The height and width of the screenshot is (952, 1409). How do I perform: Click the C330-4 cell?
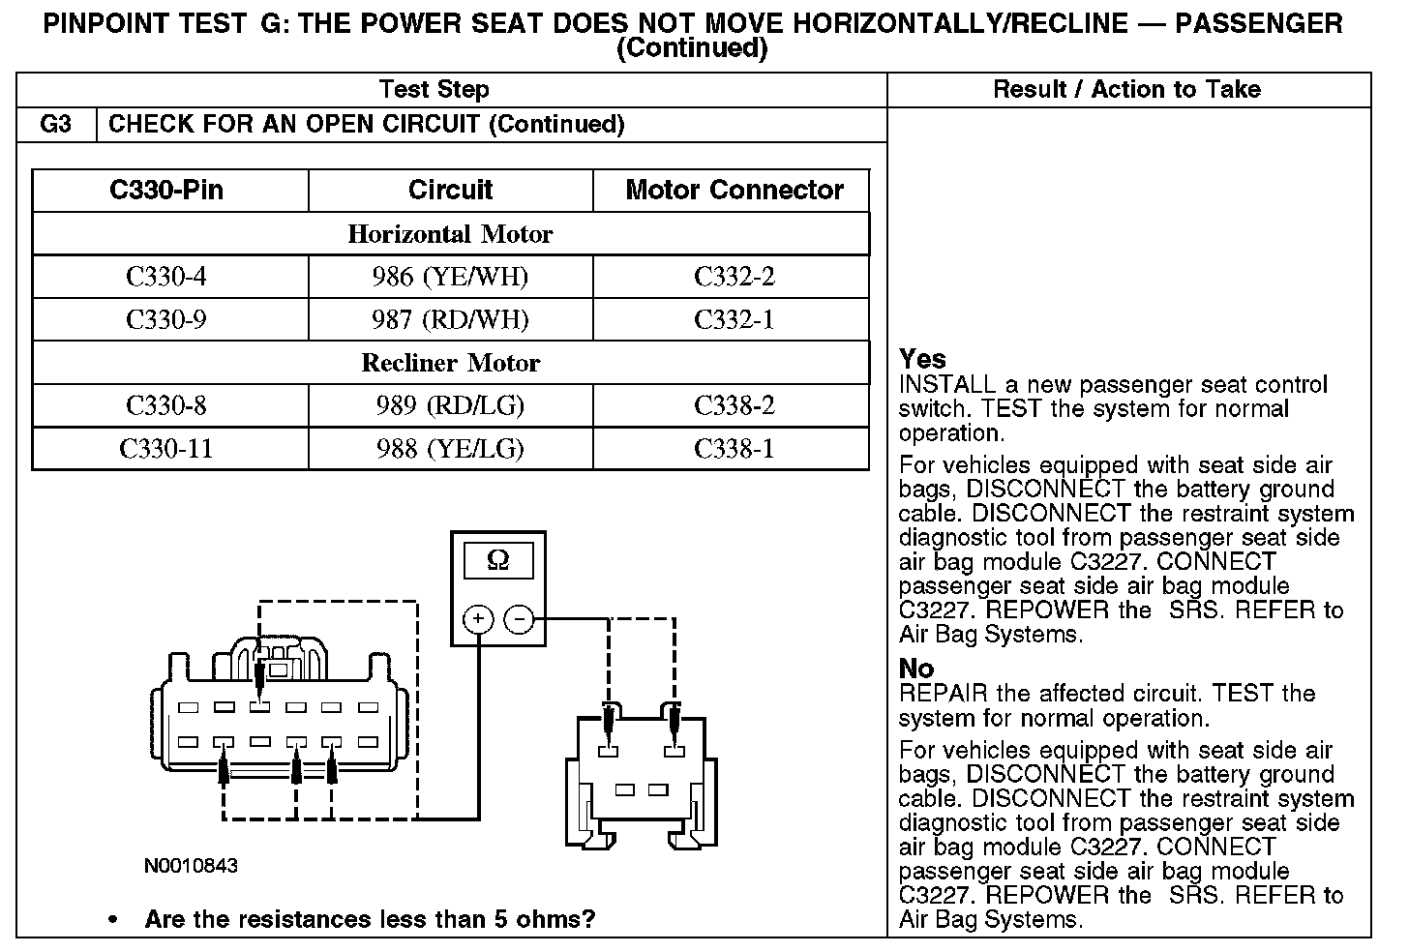coord(166,278)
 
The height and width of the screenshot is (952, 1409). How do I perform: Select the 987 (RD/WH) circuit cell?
coord(450,320)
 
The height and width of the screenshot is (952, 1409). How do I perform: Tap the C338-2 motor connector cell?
coord(734,405)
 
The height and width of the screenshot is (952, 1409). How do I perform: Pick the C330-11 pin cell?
coord(166,449)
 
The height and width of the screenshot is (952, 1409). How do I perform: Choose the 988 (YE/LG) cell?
coord(450,449)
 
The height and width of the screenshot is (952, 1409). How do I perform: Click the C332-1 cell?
coord(734,320)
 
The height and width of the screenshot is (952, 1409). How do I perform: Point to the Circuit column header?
coord(450,190)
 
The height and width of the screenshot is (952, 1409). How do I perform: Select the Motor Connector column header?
coord(734,190)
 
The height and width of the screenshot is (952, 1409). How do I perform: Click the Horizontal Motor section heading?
coord(450,234)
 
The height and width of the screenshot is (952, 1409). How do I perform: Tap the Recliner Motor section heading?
coord(450,363)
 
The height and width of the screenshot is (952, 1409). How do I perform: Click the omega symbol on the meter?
coord(497,560)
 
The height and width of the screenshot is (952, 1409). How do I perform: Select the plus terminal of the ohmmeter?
coord(478,618)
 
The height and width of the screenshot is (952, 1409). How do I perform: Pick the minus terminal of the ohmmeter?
coord(520,618)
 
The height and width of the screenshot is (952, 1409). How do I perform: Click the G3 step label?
coord(56,125)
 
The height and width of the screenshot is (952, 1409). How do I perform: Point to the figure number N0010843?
coord(191,866)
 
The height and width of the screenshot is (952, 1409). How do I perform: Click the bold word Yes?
coord(922,359)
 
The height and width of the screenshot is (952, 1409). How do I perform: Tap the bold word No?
coord(916,669)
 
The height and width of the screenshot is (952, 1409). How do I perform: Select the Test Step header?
coord(435,90)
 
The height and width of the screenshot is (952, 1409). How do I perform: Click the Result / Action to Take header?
coord(1126,90)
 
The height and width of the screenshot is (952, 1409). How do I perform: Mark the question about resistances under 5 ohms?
coord(370,919)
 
